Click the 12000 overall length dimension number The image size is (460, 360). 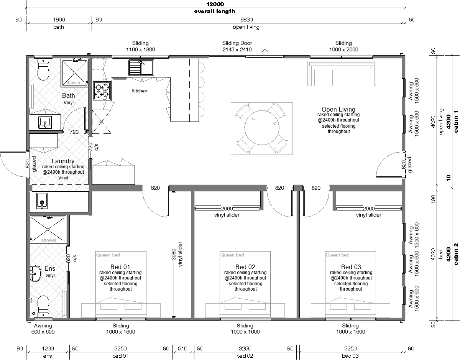215,4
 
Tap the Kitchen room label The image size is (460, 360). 139,91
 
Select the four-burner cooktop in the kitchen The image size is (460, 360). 102,90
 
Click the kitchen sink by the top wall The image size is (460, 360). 141,67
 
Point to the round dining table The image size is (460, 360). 262,128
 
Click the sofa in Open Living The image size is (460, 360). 342,74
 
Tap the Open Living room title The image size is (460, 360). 338,109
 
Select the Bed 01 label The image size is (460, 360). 120,267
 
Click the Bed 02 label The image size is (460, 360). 245,267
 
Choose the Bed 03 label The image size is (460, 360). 351,267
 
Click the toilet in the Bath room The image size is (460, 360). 43,69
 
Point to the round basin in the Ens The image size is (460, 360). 35,274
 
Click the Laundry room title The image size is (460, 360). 63,161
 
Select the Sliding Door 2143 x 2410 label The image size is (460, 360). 237,46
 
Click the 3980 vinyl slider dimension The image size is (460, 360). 177,254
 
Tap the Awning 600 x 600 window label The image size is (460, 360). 43,329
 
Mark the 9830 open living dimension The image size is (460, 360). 246,20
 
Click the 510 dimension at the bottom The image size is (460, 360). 182,348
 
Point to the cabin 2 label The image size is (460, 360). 455,254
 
